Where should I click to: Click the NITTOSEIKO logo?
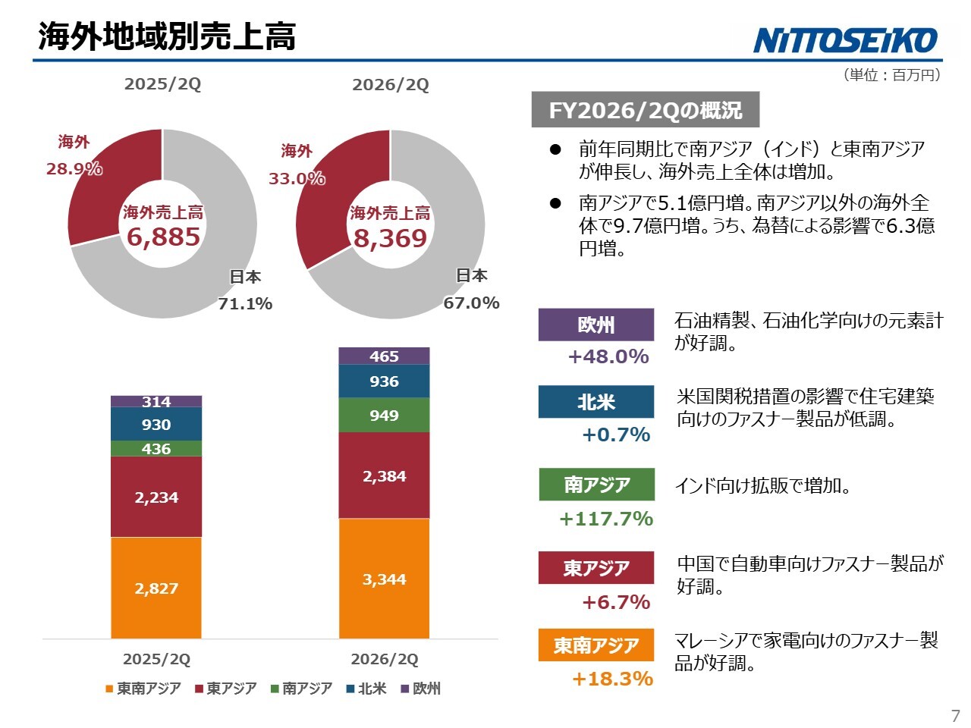(x=844, y=40)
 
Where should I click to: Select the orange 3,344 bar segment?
(x=384, y=578)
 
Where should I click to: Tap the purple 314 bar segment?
(x=156, y=401)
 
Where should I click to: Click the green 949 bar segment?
(x=384, y=415)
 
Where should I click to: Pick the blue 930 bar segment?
(x=156, y=424)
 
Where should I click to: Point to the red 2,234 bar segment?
(x=156, y=497)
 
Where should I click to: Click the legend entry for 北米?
(x=366, y=689)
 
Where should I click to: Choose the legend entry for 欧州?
(x=421, y=689)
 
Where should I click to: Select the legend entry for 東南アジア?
(x=143, y=689)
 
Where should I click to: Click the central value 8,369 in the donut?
(x=390, y=239)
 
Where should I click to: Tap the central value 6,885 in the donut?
(x=163, y=237)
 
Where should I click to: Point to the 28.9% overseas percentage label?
(x=74, y=169)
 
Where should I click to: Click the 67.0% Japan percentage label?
(x=471, y=303)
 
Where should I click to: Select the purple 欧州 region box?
(x=595, y=325)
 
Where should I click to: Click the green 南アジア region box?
(x=596, y=485)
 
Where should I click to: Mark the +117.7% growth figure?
(x=606, y=519)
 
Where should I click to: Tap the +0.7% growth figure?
(x=616, y=435)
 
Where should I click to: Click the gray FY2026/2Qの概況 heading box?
(x=646, y=110)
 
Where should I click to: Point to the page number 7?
(x=956, y=716)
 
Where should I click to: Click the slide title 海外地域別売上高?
(x=167, y=36)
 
